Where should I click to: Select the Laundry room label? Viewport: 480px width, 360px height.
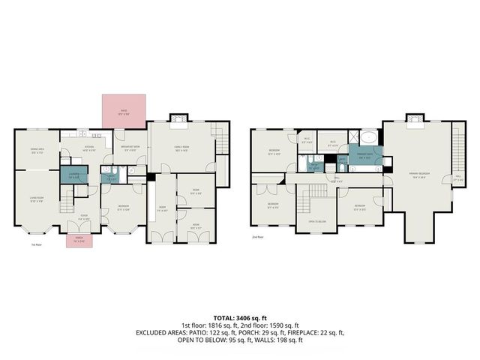[x=73, y=177]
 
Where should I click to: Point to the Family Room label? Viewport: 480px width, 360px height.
[x=181, y=148]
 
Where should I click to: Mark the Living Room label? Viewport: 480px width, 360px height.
[x=36, y=200]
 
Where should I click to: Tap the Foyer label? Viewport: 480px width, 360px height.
[x=85, y=218]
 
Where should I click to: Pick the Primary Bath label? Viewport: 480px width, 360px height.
[x=365, y=157]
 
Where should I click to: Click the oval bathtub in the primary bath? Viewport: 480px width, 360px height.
[x=368, y=138]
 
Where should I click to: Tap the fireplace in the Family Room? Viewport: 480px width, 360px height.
[x=177, y=117]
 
